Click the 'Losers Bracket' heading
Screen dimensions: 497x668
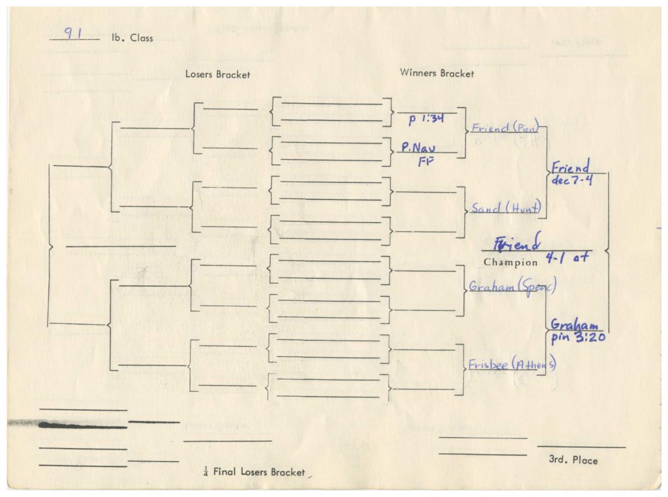pyautogui.click(x=217, y=74)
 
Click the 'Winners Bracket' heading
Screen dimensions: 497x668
pyautogui.click(x=436, y=74)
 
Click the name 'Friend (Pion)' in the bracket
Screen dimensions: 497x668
pyautogui.click(x=504, y=128)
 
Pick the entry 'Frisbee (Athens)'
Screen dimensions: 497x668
pyautogui.click(x=511, y=365)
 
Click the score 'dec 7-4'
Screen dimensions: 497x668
pyautogui.click(x=572, y=180)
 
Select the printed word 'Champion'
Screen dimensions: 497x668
pyautogui.click(x=510, y=263)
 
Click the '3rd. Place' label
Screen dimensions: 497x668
pyautogui.click(x=573, y=461)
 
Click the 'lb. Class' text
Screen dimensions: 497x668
pyautogui.click(x=132, y=38)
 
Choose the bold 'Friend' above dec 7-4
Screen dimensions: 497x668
pyautogui.click(x=570, y=167)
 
